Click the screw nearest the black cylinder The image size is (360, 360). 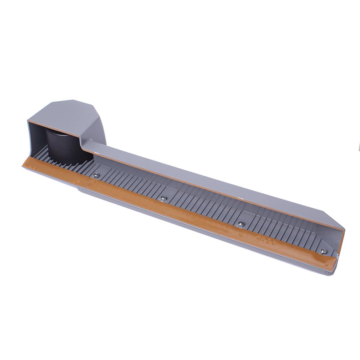(x=96, y=175)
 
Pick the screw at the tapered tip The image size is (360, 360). (x=323, y=251)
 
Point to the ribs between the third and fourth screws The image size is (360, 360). (x=281, y=230)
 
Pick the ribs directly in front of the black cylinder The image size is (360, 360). (x=72, y=164)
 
